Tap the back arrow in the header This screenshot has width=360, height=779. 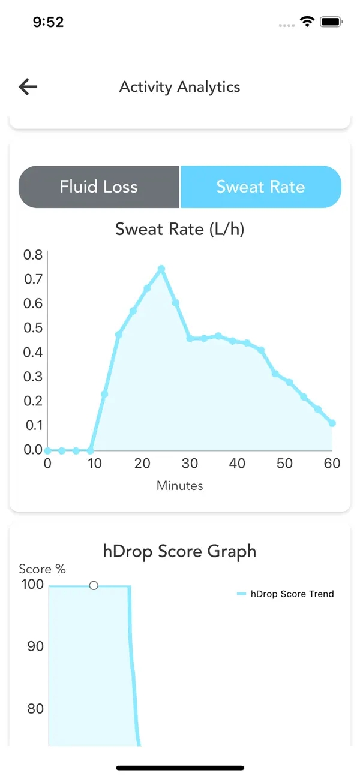tap(28, 86)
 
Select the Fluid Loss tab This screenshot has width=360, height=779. tap(99, 187)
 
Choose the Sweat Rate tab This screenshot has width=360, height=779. tap(261, 187)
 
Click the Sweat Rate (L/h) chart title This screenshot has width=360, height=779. tap(180, 230)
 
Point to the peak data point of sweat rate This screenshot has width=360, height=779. tap(161, 269)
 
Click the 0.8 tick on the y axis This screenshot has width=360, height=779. tap(33, 255)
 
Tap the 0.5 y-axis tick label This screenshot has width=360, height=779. tap(33, 327)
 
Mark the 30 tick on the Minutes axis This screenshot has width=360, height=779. tap(190, 463)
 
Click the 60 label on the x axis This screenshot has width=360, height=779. tap(332, 463)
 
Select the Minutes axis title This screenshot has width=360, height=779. tap(180, 486)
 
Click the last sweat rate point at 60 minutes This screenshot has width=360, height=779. tap(332, 423)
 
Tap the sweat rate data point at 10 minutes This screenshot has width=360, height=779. tap(90, 451)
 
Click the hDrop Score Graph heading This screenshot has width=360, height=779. tap(180, 552)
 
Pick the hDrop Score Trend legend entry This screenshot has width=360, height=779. tap(286, 594)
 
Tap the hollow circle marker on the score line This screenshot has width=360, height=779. tap(94, 586)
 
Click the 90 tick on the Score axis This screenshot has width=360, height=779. tap(35, 646)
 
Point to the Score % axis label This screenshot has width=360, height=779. tap(42, 569)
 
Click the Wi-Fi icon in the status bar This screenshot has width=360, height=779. tap(307, 22)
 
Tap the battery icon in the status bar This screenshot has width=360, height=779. tap(331, 22)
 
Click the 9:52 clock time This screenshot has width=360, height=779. tap(49, 22)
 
